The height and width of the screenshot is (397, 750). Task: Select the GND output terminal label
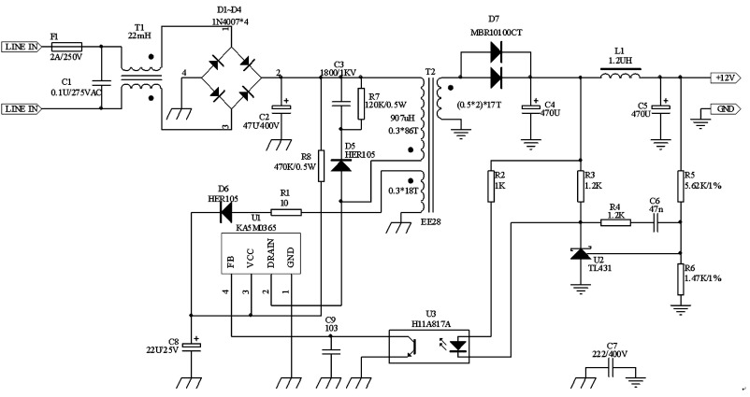coord(724,108)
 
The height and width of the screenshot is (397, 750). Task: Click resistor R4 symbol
coord(615,222)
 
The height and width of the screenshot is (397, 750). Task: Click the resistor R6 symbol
coord(680,276)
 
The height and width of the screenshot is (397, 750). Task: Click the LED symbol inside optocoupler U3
coord(458,346)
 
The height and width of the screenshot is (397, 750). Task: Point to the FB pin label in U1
coord(230,259)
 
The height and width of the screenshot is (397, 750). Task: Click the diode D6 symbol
coord(225,212)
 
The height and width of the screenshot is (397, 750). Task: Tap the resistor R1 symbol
coord(286,212)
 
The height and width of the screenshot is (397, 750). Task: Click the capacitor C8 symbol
coord(193,347)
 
